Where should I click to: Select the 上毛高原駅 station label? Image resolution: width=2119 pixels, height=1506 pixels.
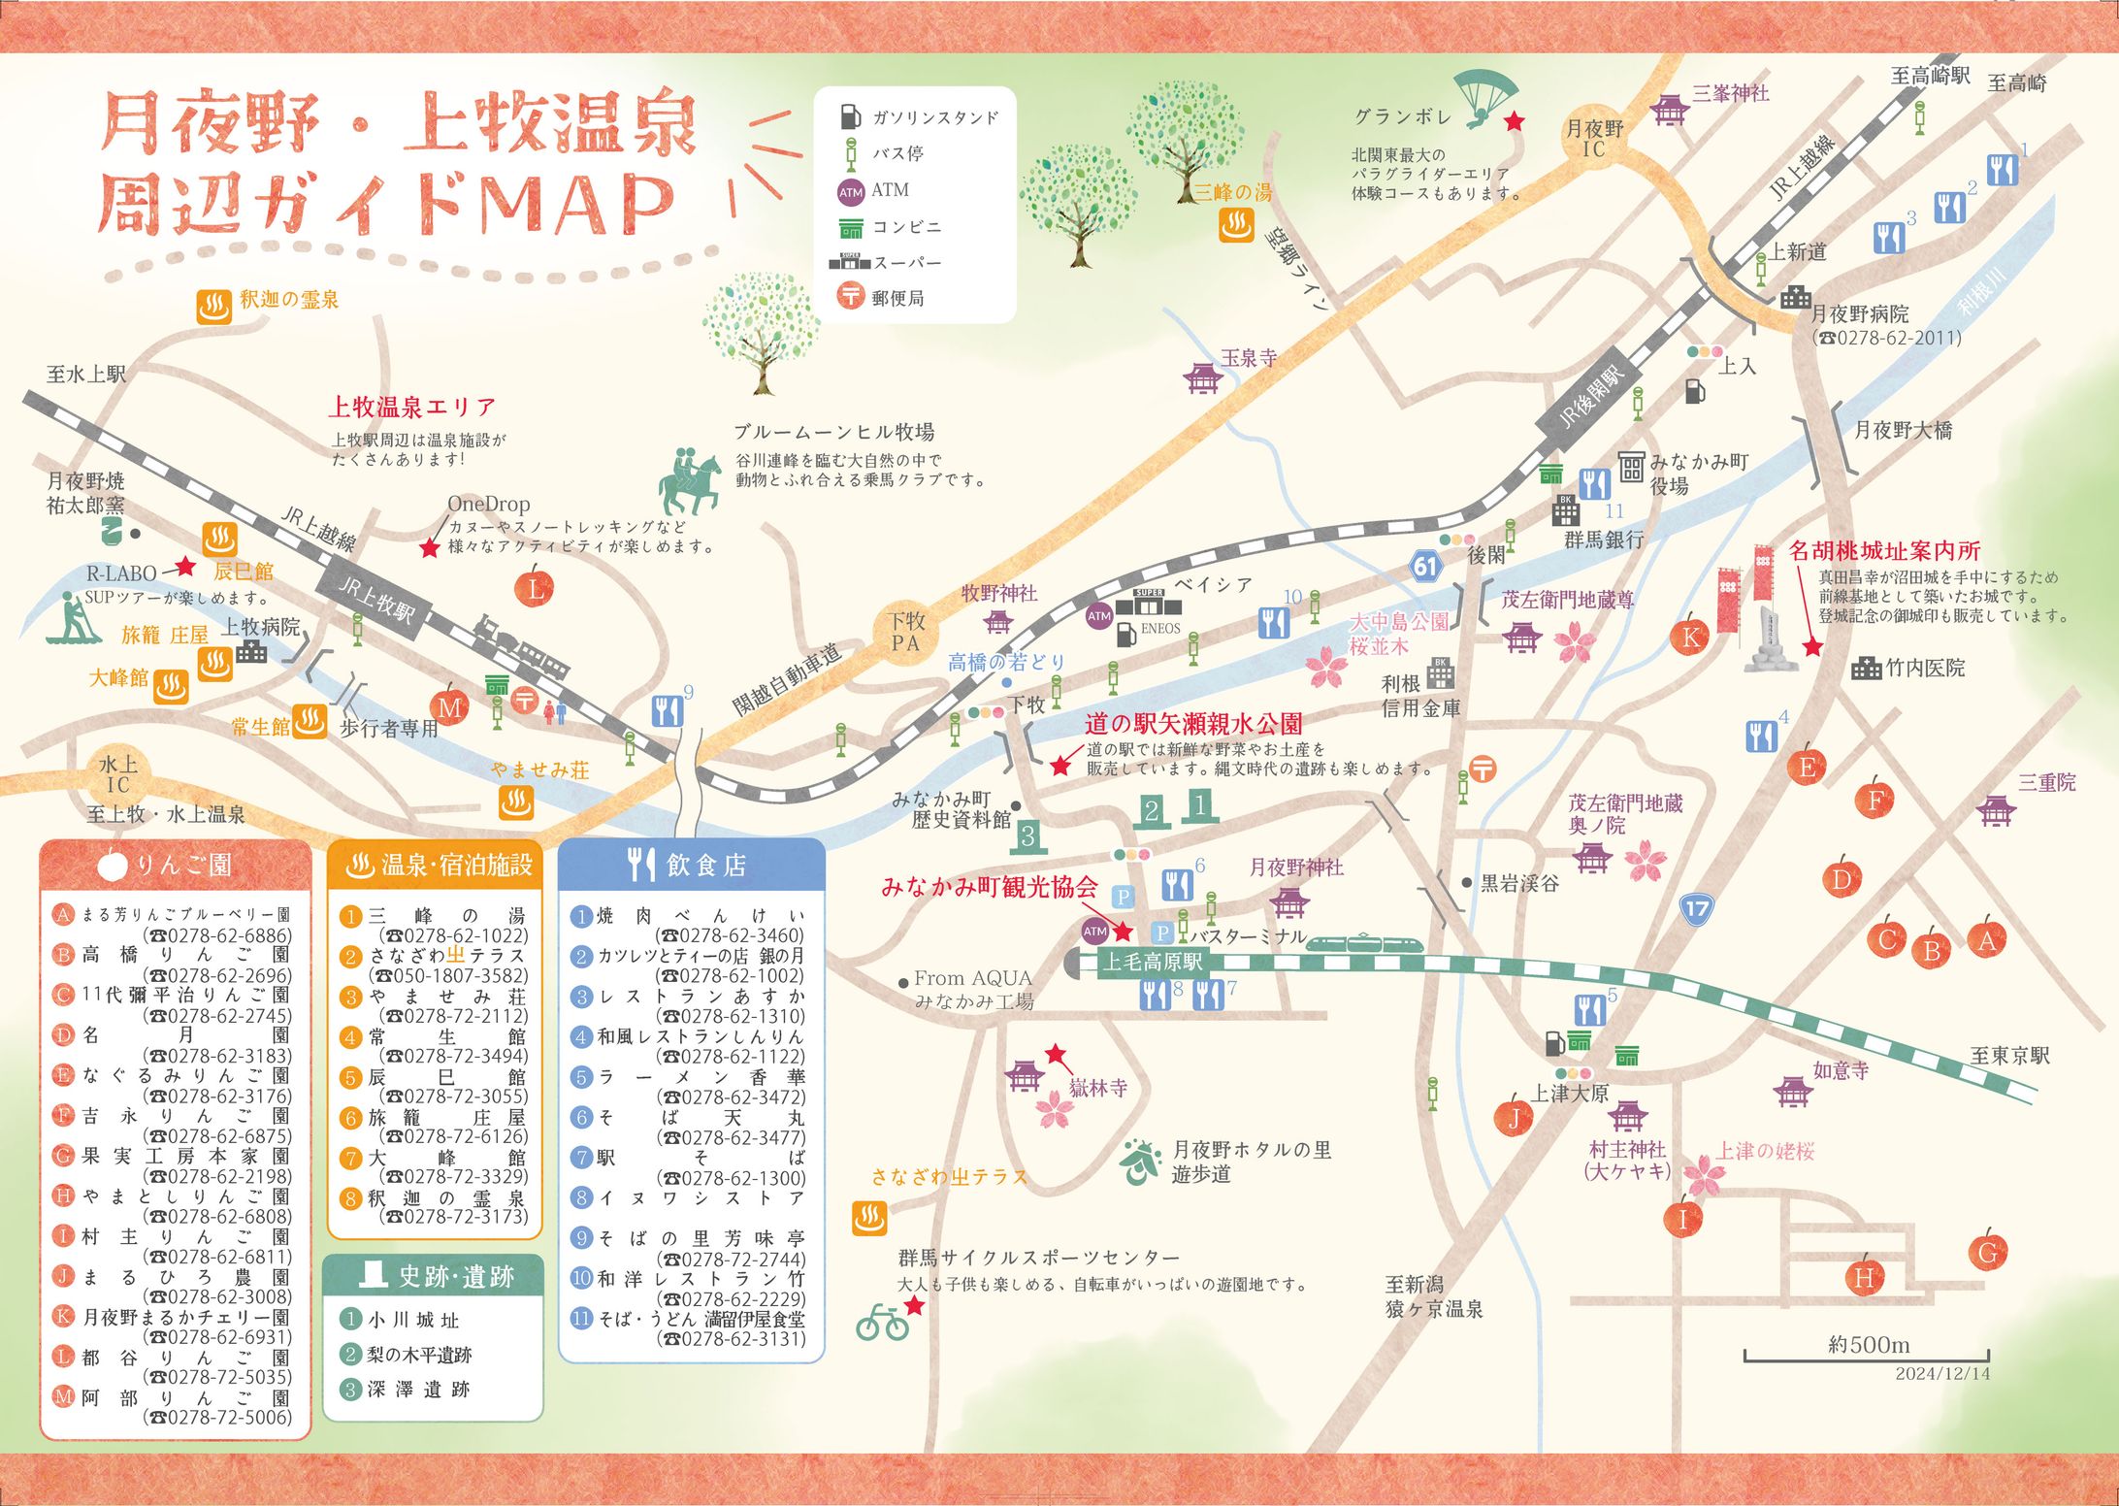tap(1152, 962)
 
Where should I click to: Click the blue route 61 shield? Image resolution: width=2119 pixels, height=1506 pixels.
tap(1424, 566)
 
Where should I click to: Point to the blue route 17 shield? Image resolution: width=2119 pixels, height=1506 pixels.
tap(1696, 909)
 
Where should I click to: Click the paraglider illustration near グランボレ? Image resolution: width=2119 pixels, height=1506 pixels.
tap(1485, 98)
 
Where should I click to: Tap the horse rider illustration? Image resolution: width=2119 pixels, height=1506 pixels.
tap(691, 482)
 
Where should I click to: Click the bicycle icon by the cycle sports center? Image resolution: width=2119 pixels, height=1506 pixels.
tap(882, 1324)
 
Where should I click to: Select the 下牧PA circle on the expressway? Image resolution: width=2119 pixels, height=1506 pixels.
tap(906, 632)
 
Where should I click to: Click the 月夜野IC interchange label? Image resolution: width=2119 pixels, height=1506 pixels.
tap(1594, 138)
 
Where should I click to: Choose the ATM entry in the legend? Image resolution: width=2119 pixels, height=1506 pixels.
tap(873, 190)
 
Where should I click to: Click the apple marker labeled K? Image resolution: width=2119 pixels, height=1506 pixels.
tap(1690, 636)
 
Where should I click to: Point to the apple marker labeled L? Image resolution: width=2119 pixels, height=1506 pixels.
tap(535, 586)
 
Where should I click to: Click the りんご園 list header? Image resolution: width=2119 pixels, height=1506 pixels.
tap(176, 865)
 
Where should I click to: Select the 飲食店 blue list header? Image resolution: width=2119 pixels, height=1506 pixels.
tap(691, 865)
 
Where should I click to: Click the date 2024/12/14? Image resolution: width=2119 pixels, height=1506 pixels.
tap(1941, 1374)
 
